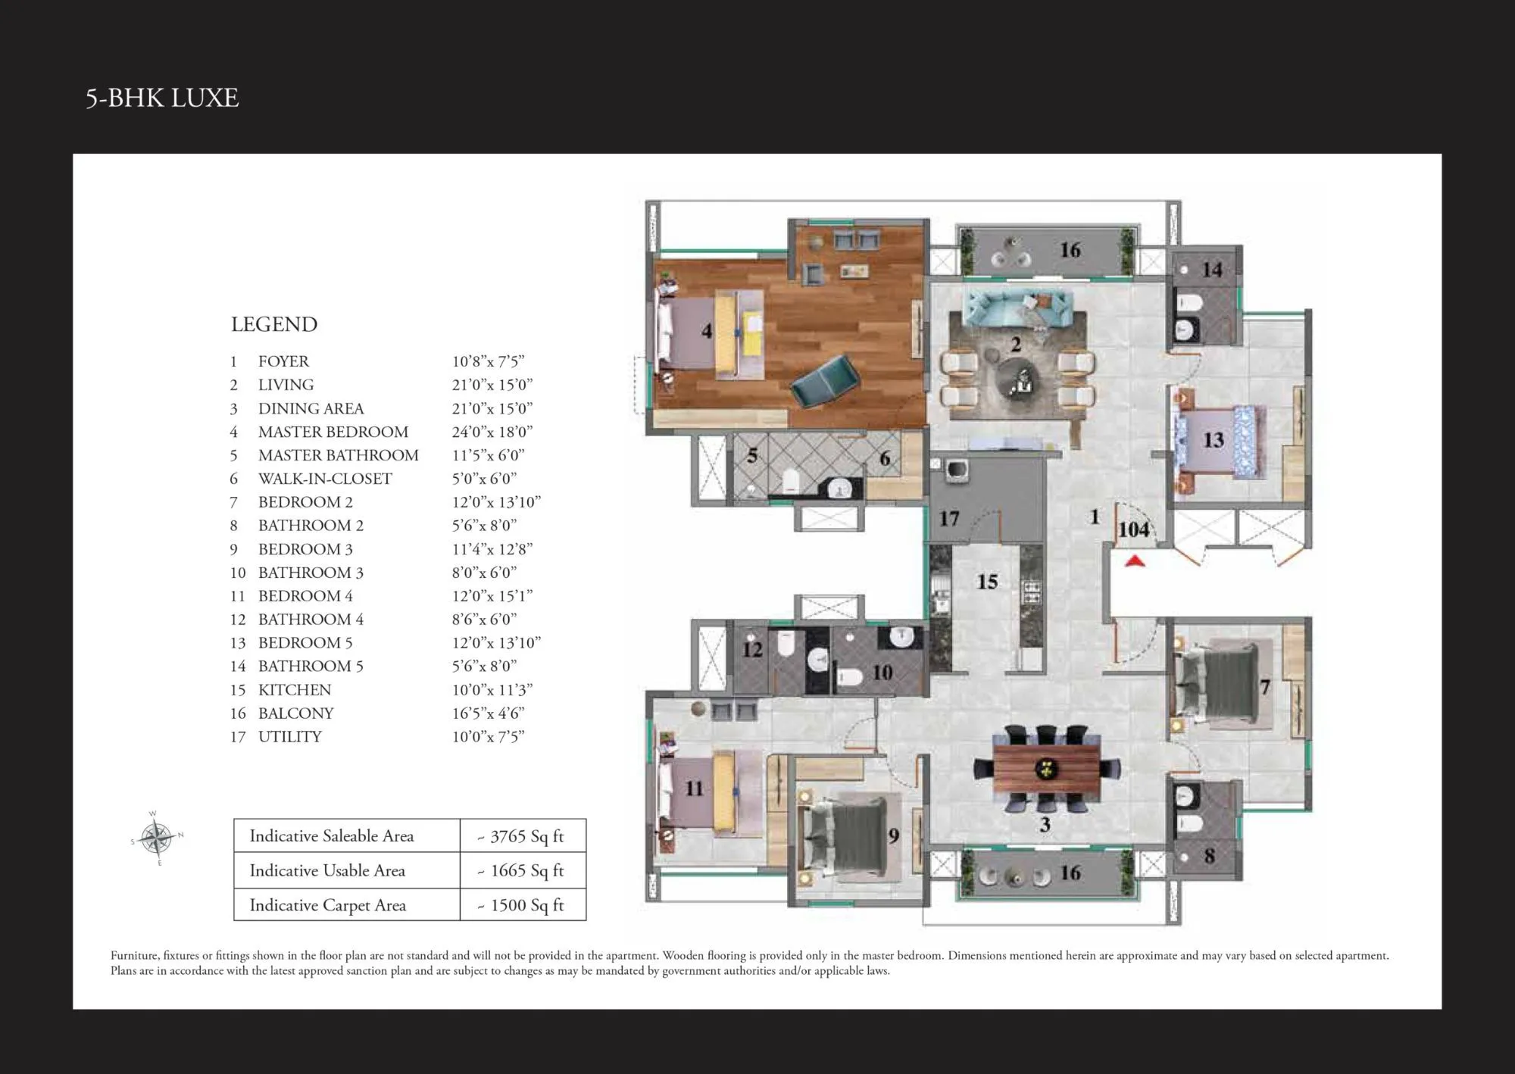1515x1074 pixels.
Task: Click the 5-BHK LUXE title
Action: tap(162, 98)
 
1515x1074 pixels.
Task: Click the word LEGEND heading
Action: tap(274, 325)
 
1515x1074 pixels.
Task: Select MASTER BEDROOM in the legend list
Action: tap(333, 432)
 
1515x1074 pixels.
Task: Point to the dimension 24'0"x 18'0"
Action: tap(492, 432)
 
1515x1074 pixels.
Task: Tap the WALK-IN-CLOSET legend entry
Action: tap(325, 479)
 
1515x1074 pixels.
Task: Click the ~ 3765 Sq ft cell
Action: tap(523, 836)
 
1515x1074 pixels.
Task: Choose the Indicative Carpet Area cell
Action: tap(328, 906)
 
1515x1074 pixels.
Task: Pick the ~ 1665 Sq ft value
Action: tap(523, 871)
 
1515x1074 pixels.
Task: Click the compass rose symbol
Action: tap(158, 838)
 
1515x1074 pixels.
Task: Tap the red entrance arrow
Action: tap(1134, 561)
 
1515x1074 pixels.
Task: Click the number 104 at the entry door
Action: tap(1133, 529)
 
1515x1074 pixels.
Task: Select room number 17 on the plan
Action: tap(949, 519)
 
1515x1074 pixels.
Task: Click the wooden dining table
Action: tap(1046, 769)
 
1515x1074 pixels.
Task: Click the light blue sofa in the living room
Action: tap(1017, 308)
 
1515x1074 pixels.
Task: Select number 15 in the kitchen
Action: tap(986, 582)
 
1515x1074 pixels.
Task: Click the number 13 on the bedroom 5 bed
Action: tap(1213, 440)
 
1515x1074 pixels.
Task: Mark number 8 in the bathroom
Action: tap(1209, 857)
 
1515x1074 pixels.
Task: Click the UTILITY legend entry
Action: tap(289, 737)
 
